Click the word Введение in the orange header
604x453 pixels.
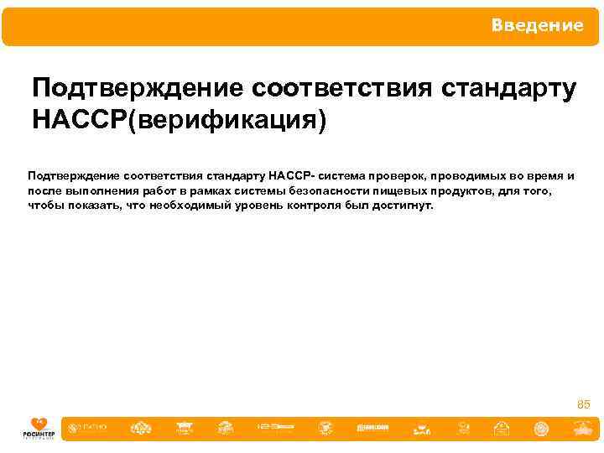pyautogui.click(x=538, y=26)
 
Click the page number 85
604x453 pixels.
pyautogui.click(x=584, y=405)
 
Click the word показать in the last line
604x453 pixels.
pyautogui.click(x=96, y=204)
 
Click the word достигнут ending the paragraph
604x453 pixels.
pyautogui.click(x=405, y=204)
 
